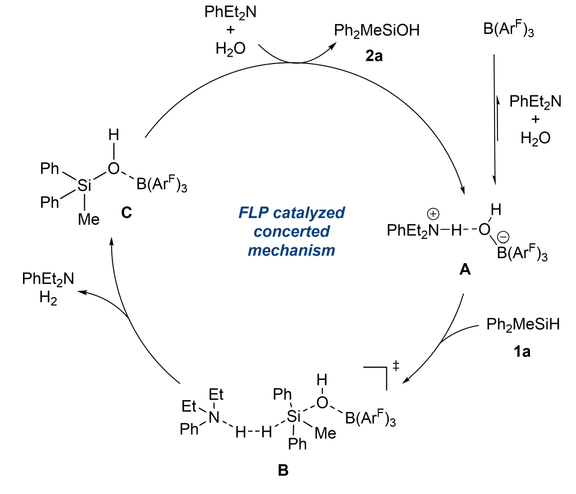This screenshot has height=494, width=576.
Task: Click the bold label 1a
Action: tap(523, 353)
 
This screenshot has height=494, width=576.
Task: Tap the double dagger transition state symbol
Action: tap(396, 366)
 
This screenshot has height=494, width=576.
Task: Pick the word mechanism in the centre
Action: tap(291, 251)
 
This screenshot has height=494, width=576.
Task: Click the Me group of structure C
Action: tap(88, 219)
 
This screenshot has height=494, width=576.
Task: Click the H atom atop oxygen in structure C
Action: tap(114, 135)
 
